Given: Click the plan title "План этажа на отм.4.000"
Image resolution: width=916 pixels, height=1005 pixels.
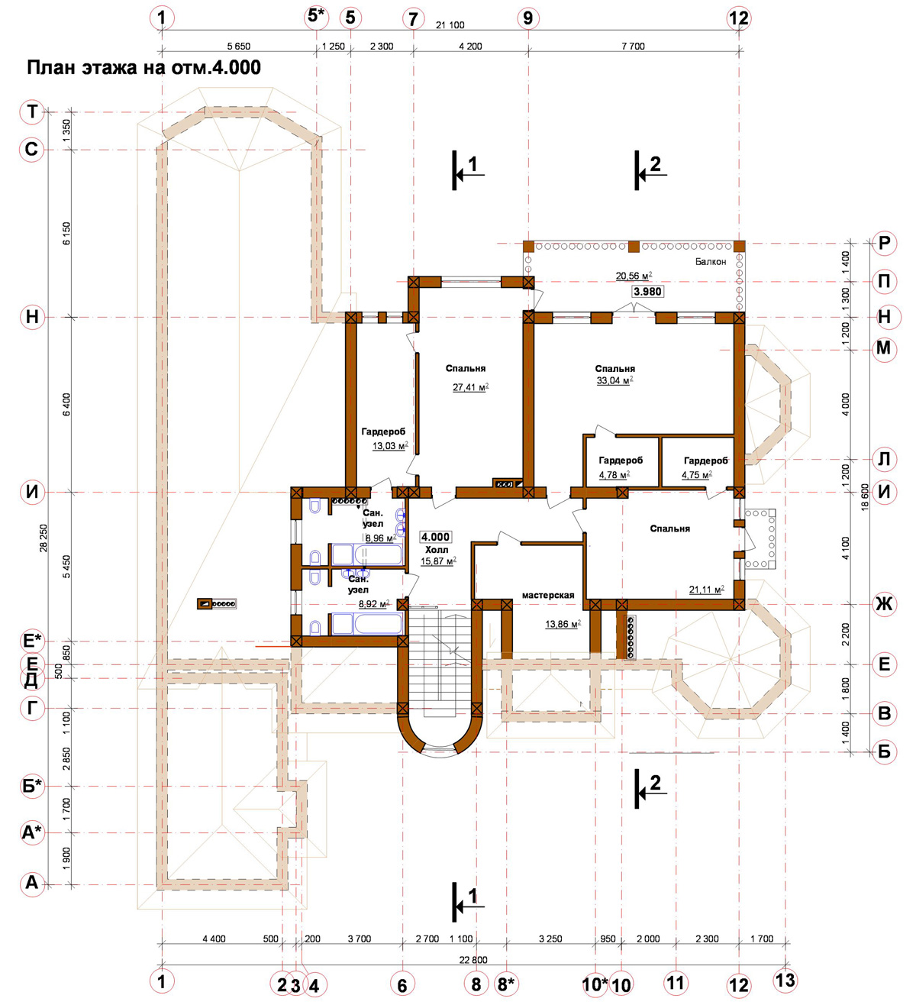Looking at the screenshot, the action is (x=144, y=68).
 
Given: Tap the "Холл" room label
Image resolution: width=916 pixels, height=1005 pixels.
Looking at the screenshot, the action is (x=436, y=550).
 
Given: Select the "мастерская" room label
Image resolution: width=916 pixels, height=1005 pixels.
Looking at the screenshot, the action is (x=548, y=595).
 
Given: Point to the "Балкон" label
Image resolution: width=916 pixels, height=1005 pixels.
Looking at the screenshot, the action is (x=710, y=261).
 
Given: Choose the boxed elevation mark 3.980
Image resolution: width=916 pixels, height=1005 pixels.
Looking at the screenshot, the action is (x=647, y=292).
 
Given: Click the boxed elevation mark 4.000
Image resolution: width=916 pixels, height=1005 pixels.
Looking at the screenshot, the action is (x=435, y=537).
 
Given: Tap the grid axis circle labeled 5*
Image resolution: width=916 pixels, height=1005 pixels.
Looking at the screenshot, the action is (x=317, y=17).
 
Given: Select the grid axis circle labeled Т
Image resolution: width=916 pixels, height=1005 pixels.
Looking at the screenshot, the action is (x=32, y=111).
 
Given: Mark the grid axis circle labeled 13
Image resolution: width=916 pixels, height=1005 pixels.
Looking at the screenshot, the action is (x=785, y=980).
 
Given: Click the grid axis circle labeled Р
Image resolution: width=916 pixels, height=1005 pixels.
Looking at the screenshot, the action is (x=884, y=244).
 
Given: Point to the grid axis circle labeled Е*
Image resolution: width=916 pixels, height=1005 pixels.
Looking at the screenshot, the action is (x=32, y=641).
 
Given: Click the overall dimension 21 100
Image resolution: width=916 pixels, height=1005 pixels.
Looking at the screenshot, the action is (x=450, y=25).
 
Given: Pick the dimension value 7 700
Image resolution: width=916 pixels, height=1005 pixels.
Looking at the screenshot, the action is (x=633, y=46).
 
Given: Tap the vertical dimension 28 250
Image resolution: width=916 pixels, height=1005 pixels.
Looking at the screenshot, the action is (x=44, y=538).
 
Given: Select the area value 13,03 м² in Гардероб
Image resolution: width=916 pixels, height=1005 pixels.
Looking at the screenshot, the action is (x=390, y=446).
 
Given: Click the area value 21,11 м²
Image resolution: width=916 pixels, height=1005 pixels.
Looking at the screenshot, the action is (x=707, y=590).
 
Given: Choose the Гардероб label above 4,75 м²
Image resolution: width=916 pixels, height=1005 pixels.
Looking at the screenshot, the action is (x=705, y=460).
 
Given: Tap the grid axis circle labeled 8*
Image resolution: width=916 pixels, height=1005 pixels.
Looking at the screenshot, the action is (x=506, y=984).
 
